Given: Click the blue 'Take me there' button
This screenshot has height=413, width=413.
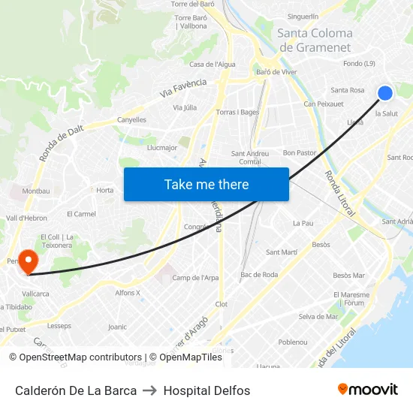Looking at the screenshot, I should pyautogui.click(x=206, y=184).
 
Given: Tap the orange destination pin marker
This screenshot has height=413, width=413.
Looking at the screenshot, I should pyautogui.click(x=28, y=262).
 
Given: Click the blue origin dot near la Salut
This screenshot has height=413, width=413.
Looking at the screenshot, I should pyautogui.click(x=385, y=93).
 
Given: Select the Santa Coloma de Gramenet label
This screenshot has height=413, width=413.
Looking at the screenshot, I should pyautogui.click(x=315, y=41).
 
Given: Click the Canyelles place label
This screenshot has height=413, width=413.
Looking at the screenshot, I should pyautogui.click(x=131, y=119).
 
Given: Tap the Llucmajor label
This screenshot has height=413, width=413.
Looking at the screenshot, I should pyautogui.click(x=162, y=147).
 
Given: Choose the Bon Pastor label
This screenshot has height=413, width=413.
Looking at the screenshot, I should pyautogui.click(x=300, y=152).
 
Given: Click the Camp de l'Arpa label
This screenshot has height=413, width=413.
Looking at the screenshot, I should pyautogui.click(x=195, y=278).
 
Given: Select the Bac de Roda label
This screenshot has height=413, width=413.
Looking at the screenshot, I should pyautogui.click(x=259, y=275).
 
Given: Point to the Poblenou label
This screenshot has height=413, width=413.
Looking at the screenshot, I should pyautogui.click(x=292, y=342).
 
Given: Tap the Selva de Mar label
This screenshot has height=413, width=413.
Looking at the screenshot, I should pyautogui.click(x=318, y=316).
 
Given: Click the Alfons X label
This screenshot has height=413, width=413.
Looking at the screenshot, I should pyautogui.click(x=128, y=293).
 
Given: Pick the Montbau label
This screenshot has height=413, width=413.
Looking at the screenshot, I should pyautogui.click(x=36, y=191).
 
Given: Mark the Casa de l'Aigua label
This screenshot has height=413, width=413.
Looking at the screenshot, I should pyautogui.click(x=213, y=65).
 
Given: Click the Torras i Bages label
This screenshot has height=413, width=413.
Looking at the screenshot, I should pyautogui.click(x=237, y=112).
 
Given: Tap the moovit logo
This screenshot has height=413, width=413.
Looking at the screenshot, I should pyautogui.click(x=368, y=390).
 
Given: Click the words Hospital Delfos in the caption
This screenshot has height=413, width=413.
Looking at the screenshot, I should pyautogui.click(x=206, y=390).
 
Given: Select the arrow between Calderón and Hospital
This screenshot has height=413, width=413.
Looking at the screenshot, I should pyautogui.click(x=149, y=390).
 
